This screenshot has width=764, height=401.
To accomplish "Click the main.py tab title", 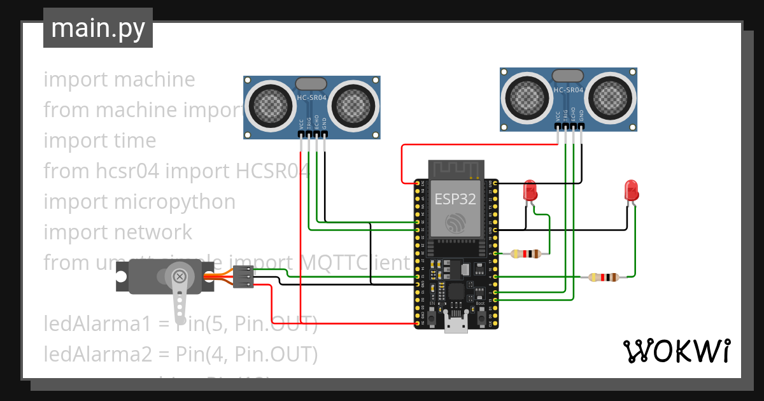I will click(97, 28).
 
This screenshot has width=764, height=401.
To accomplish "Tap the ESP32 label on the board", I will click(455, 199).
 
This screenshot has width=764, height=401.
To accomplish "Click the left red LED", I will click(530, 190).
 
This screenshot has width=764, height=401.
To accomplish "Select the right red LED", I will click(631, 190).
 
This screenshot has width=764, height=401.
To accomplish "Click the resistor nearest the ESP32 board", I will click(526, 254).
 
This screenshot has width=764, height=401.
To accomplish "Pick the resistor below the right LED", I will click(603, 277).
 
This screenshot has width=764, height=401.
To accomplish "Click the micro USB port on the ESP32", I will click(455, 325).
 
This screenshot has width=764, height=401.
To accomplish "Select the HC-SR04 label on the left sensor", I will click(312, 97).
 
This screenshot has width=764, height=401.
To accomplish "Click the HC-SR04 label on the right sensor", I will click(569, 90).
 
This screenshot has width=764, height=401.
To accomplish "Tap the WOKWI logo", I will click(676, 351).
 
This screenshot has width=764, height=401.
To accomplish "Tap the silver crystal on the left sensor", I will click(312, 83).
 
